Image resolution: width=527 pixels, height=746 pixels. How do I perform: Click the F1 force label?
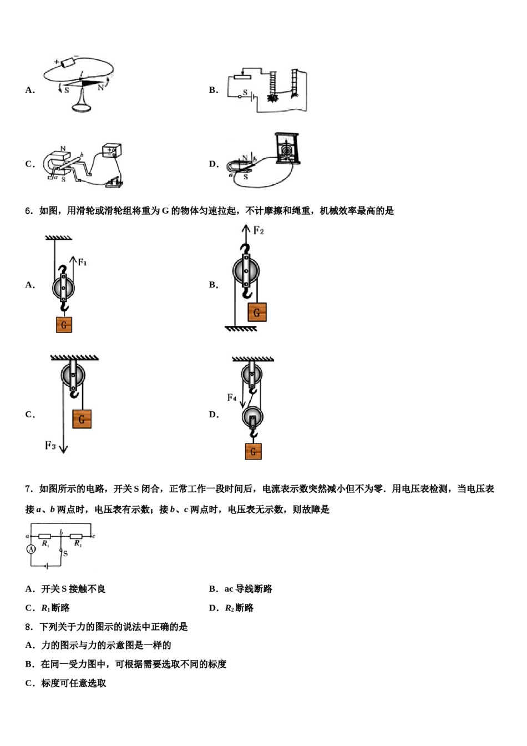click(x=82, y=262)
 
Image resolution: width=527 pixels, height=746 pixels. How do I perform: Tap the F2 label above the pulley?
click(x=259, y=230)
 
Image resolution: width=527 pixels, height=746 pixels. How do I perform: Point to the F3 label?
click(x=50, y=445)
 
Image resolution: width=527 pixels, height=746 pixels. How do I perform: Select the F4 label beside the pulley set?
click(x=232, y=397)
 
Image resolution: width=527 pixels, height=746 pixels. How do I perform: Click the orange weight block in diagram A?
click(x=64, y=325)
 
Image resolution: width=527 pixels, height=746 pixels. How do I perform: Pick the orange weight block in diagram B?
click(x=257, y=312)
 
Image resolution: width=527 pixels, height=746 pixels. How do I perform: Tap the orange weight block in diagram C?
click(x=82, y=419)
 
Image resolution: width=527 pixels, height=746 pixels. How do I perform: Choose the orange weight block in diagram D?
click(x=253, y=451)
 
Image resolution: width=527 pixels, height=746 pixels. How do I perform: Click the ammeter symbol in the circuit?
click(x=31, y=549)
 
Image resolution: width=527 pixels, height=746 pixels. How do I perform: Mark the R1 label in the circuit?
click(x=45, y=545)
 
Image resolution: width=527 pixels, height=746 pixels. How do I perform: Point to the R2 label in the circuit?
click(x=78, y=545)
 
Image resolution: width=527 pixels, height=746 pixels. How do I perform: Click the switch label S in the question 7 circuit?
click(x=65, y=553)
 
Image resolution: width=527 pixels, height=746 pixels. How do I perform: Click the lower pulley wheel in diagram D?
click(x=252, y=416)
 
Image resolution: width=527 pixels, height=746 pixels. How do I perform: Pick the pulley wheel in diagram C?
click(x=73, y=376)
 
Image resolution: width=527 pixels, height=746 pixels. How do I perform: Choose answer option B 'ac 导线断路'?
click(x=241, y=589)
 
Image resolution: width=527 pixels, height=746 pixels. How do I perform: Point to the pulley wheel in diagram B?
click(x=246, y=271)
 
